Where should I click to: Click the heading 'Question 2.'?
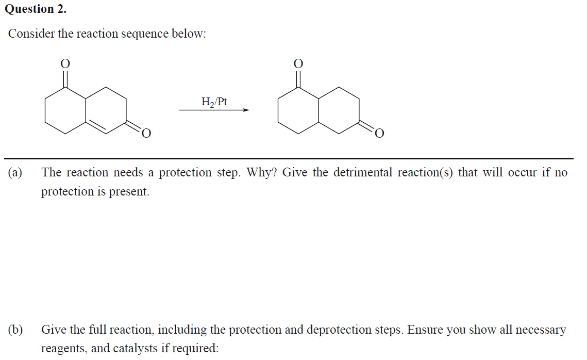pyautogui.click(x=35, y=9)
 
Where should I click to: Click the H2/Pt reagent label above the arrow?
pyautogui.click(x=214, y=101)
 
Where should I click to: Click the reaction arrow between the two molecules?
pyautogui.click(x=214, y=110)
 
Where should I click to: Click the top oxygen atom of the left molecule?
pyautogui.click(x=65, y=63)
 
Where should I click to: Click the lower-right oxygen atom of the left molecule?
pyautogui.click(x=146, y=134)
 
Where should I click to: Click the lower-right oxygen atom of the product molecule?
pyautogui.click(x=379, y=134)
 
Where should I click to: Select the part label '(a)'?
pyautogui.click(x=15, y=172)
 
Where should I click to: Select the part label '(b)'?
pyautogui.click(x=15, y=330)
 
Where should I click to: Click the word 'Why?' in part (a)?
pyautogui.click(x=262, y=172)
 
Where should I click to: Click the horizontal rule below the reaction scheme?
pyautogui.click(x=289, y=158)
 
